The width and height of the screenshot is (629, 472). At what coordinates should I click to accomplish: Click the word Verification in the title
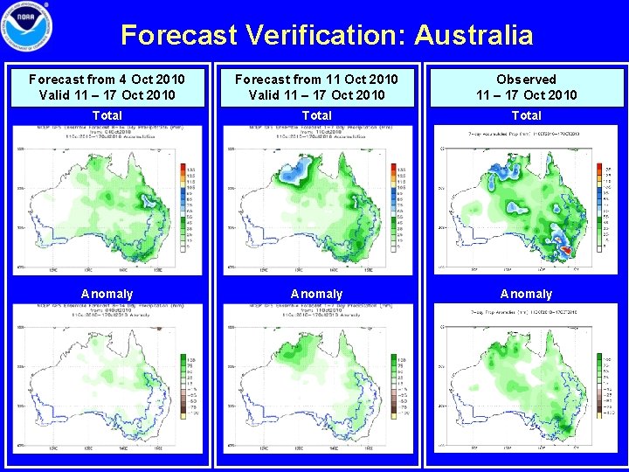pyautogui.click(x=327, y=35)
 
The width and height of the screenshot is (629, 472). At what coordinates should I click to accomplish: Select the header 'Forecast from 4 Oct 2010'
pyautogui.click(x=107, y=80)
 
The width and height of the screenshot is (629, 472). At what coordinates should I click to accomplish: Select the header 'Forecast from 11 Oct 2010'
pyautogui.click(x=316, y=80)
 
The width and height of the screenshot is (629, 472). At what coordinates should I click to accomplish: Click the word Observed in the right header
pyautogui.click(x=526, y=80)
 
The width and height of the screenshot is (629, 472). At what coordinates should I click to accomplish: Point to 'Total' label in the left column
pyautogui.click(x=107, y=115)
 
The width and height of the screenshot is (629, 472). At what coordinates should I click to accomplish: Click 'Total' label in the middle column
pyautogui.click(x=316, y=115)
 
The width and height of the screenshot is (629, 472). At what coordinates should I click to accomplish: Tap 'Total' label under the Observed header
pyautogui.click(x=526, y=115)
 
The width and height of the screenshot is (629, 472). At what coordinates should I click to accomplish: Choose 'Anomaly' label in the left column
pyautogui.click(x=107, y=294)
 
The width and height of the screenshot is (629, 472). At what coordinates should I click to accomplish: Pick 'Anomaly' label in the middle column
pyautogui.click(x=316, y=294)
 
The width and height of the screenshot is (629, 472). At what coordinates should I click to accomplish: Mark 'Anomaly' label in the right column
pyautogui.click(x=526, y=294)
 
